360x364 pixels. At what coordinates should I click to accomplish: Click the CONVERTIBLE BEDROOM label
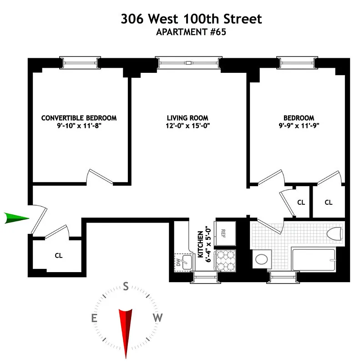pos(79,118)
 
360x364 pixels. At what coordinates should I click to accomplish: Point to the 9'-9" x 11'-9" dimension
pos(297,126)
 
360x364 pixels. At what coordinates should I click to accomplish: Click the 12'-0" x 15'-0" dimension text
pos(188,126)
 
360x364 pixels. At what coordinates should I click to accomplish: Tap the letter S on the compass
pos(125,287)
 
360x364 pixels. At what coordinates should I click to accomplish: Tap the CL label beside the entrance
pos(58,255)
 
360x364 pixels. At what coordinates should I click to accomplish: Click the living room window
pos(188,63)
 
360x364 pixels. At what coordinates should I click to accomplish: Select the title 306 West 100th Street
pos(191,19)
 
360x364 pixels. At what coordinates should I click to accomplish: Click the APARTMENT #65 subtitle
pos(191,32)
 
